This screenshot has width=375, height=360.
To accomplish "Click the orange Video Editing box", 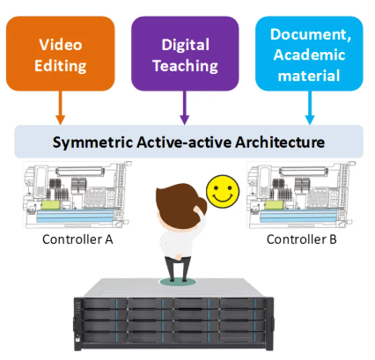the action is (x=61, y=54).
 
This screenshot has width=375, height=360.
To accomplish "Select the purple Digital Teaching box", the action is (x=185, y=54).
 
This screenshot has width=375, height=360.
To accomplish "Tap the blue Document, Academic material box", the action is (x=309, y=54).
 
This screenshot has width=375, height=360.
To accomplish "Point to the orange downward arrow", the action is (x=61, y=107).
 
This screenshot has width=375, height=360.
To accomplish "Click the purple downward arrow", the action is (x=185, y=107).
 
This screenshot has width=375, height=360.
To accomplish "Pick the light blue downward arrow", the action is (x=310, y=107).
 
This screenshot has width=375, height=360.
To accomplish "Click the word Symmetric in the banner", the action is (x=92, y=143).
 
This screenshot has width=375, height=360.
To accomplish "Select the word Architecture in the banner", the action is (x=280, y=143).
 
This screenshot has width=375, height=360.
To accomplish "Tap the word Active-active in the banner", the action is (x=184, y=143).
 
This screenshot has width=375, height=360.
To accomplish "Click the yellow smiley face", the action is (x=223, y=192).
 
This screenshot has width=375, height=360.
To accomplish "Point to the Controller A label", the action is (x=77, y=239).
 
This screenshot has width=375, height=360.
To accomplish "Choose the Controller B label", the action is (x=301, y=239).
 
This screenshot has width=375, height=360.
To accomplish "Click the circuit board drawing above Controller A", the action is (x=77, y=195).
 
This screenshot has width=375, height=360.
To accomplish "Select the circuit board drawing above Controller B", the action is (x=301, y=195).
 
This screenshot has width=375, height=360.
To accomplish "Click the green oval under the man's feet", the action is (x=178, y=282).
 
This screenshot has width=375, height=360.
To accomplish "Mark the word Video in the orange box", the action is (x=61, y=45).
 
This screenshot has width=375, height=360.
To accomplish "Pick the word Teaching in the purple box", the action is (x=185, y=66).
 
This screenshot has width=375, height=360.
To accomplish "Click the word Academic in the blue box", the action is (x=309, y=55).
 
